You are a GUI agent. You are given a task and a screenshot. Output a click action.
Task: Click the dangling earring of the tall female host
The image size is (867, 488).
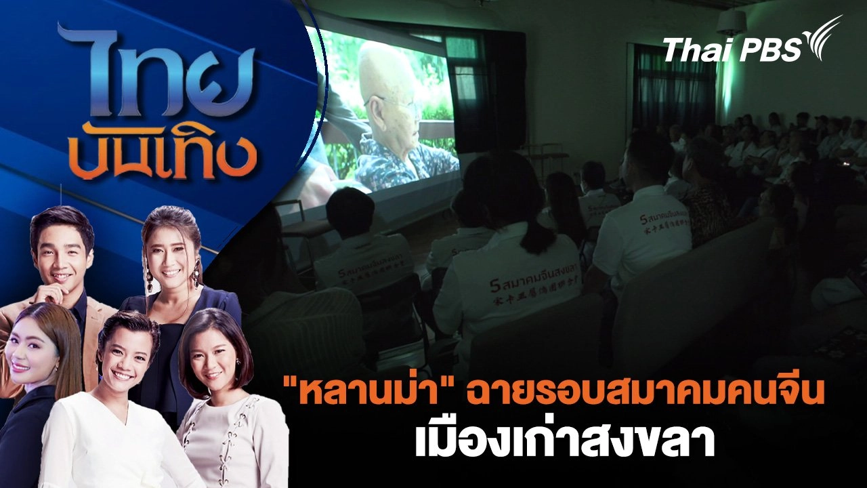coord(196,277)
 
